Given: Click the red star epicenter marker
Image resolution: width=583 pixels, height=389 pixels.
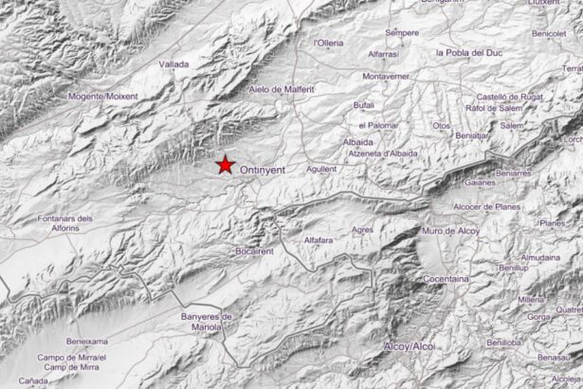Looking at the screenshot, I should pos(225,165).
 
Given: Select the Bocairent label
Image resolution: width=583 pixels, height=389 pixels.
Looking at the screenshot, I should pos(254,251).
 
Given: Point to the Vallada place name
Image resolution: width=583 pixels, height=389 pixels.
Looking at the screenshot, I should pos(173,65).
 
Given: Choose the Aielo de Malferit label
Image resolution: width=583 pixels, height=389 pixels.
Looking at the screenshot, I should pos(281,89).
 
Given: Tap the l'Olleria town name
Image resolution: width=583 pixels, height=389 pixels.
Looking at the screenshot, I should pos(328,43).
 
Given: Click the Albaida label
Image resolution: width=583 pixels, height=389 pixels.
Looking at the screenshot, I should pos(357,141).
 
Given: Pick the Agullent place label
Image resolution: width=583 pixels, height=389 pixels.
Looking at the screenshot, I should pos(322,168).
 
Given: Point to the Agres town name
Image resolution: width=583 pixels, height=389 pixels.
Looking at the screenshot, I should pos(362,230).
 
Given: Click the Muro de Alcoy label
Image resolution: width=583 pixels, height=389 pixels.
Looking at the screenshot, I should pos(452,231).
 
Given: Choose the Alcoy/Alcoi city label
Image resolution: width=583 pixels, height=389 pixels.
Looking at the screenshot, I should pos(409,347).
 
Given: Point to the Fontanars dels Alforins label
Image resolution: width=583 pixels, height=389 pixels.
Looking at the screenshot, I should pos(64,223).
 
